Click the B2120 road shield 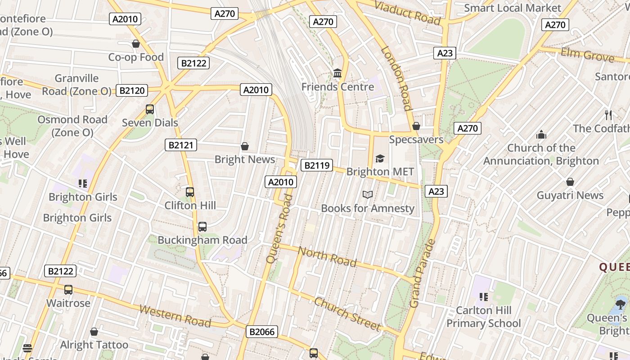pos(132,90)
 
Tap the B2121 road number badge pos(181,145)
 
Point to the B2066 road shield pos(262,332)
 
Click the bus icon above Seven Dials pos(150,109)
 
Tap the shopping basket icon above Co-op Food pos(136,44)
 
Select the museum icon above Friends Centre pos(337,73)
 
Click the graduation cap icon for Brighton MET pos(380,158)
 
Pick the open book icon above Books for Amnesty pos(368,194)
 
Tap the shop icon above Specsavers pos(416,126)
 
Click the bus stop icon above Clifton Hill pos(190,192)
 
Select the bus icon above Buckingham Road pos(202,227)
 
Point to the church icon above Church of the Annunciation pos(541,134)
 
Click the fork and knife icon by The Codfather pos(608,115)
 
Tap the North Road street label pos(328,257)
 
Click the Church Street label pos(347,313)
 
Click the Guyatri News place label pos(570,195)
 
